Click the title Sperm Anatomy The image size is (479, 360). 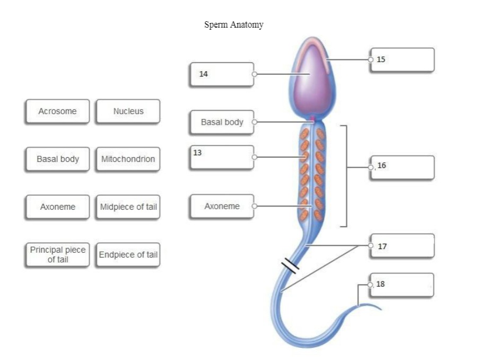pos(233,25)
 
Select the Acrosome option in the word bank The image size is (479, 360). pos(57,112)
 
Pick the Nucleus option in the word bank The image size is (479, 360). pos(128,112)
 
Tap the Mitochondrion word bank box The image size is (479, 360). pos(128,159)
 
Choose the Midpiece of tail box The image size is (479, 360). pos(128,207)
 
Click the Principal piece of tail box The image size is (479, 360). pos(57,255)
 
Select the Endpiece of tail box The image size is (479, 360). pos(128,255)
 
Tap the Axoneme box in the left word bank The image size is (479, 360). pos(57,207)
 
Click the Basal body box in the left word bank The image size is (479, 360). pos(57,159)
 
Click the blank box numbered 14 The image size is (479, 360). pos(222,75)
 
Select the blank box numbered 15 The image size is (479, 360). pos(403,59)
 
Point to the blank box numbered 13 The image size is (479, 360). pos(222,157)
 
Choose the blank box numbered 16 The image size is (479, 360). pos(403,167)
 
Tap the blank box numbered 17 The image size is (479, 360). pos(403,246)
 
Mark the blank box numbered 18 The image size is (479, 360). pos(403,285)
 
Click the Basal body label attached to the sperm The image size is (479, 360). pos(222,123)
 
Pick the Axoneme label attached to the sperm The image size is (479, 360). pos(222,207)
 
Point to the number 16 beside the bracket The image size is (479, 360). pos(381,166)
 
